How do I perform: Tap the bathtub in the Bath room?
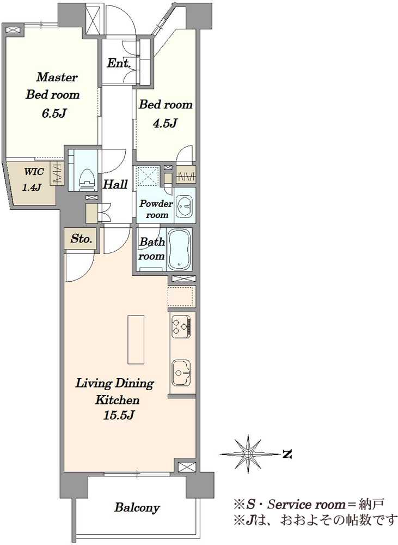(179, 249)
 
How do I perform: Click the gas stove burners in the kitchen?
(181, 326)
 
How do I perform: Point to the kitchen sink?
(181, 372)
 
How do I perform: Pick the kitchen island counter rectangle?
(136, 340)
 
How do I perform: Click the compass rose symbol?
(247, 454)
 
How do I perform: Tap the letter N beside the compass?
(287, 454)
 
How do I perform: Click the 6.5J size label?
(53, 113)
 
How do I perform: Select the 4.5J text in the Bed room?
(165, 123)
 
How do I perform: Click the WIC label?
(34, 171)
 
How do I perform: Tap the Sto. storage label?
(81, 239)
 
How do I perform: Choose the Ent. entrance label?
(119, 63)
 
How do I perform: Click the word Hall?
(115, 184)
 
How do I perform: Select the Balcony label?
(137, 508)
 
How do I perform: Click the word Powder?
(156, 204)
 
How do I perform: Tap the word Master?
(57, 77)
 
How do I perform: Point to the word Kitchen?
(118, 399)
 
